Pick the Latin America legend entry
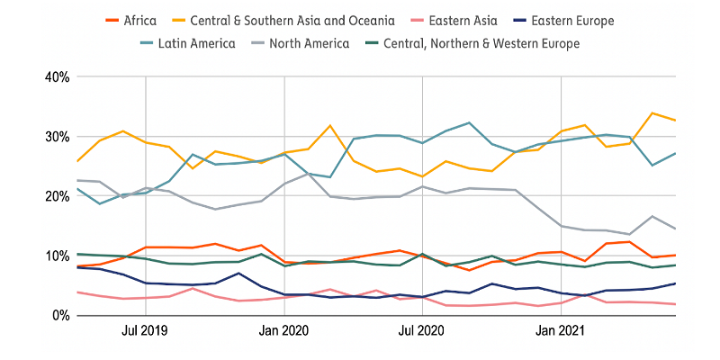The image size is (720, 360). (x=196, y=42)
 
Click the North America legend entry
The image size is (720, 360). (x=308, y=42)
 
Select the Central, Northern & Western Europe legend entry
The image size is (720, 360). (x=481, y=42)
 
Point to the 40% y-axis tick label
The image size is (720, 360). (x=57, y=77)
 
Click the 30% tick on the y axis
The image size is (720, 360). (x=57, y=137)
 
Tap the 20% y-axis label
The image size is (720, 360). (x=57, y=196)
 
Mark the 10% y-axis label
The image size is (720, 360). (x=57, y=256)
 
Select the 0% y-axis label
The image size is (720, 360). (x=60, y=315)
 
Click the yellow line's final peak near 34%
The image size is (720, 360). (x=652, y=113)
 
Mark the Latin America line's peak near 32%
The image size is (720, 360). (x=469, y=123)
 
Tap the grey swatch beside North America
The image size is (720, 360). (x=260, y=42)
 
